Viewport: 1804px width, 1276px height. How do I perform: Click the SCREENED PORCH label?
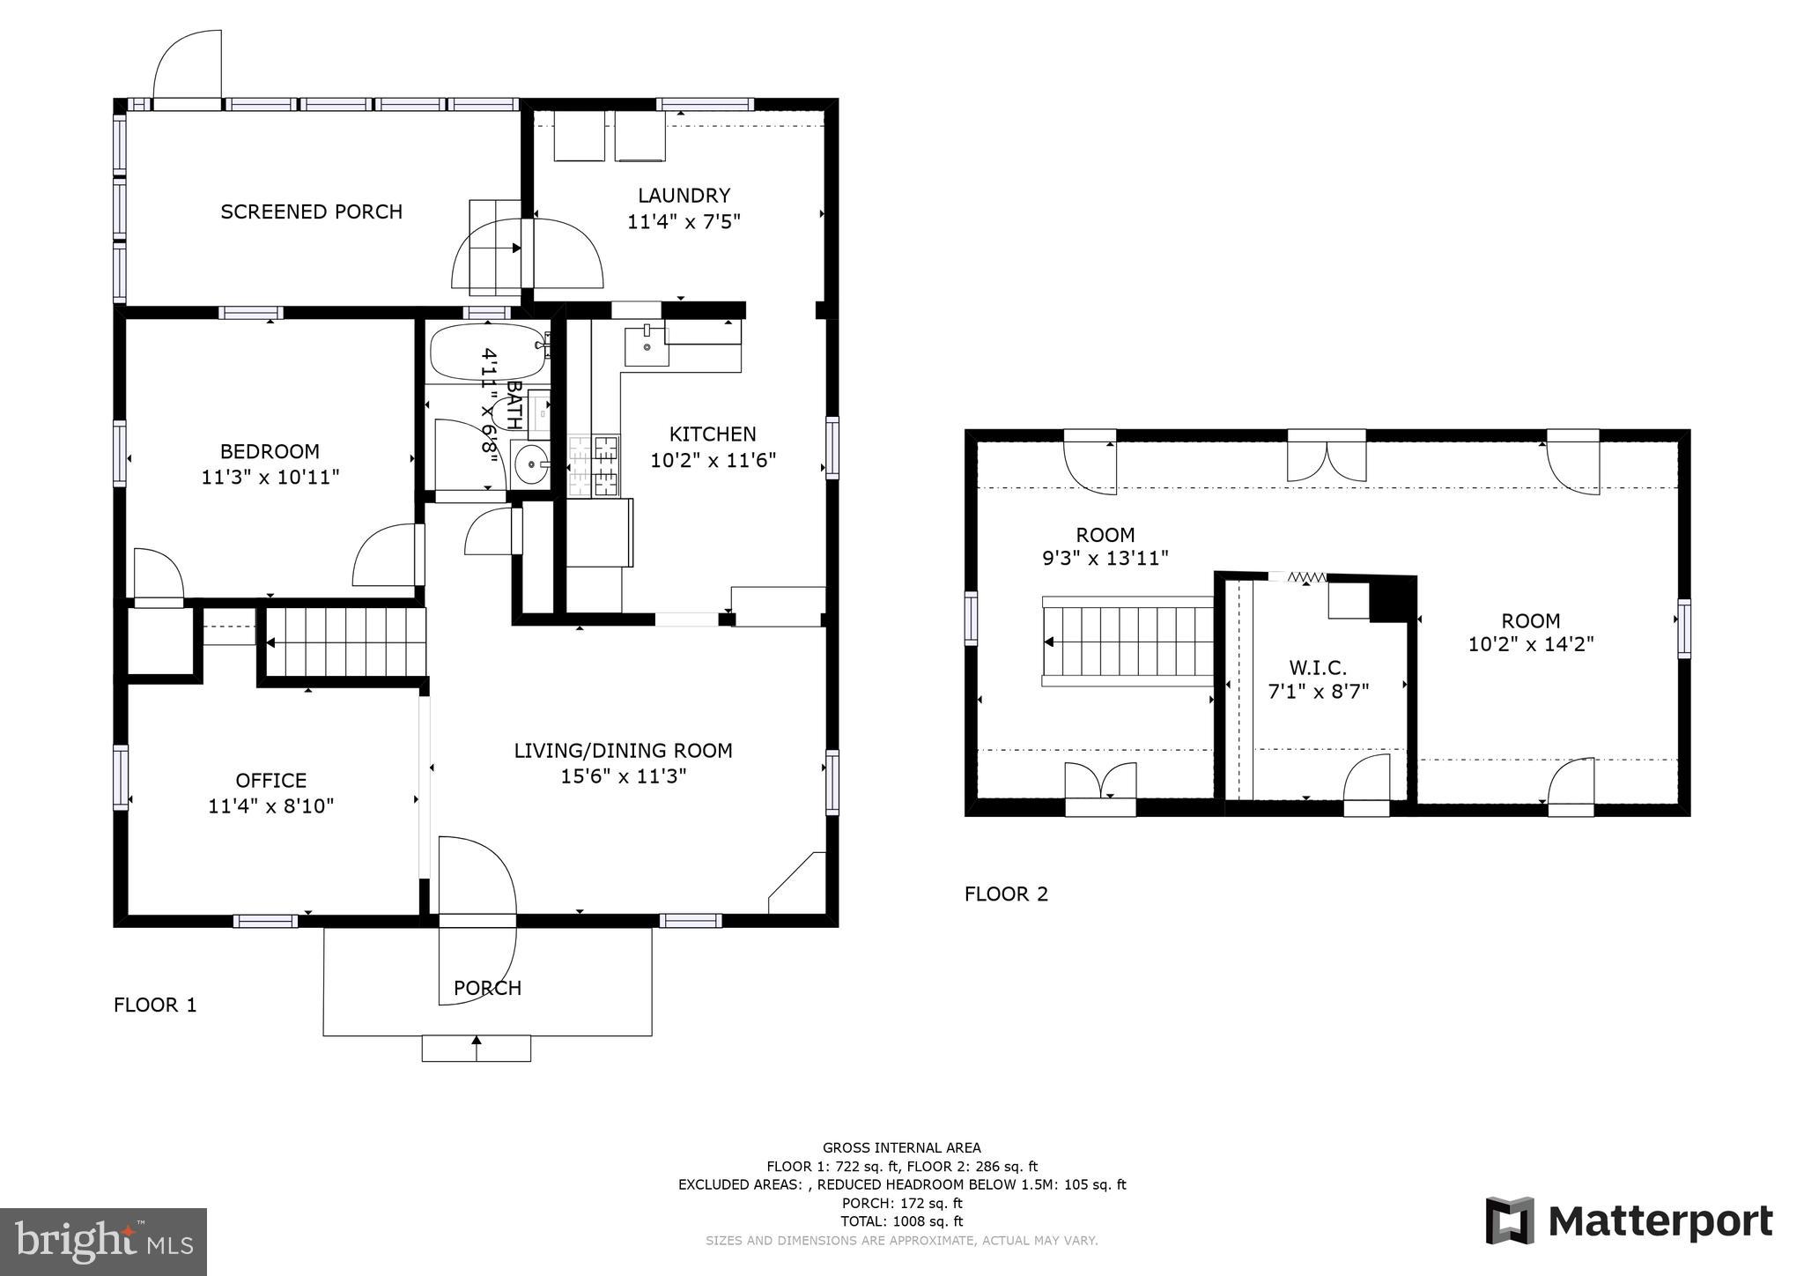point(311,211)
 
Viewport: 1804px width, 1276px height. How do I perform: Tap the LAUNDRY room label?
point(684,196)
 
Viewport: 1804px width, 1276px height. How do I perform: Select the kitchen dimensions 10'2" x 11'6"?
point(713,460)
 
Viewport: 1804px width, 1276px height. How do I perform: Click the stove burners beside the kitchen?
point(595,467)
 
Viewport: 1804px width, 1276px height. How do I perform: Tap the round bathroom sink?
point(531,464)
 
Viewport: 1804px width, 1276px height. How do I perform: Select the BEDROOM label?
point(270,451)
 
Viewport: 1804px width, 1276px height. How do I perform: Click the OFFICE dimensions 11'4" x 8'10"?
point(270,806)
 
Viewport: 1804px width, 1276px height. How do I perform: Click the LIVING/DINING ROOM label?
point(623,751)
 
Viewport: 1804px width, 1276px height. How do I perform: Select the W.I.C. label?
point(1318,668)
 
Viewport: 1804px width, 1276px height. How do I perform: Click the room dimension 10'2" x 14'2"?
point(1530,645)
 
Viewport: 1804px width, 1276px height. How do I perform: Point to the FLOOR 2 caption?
point(1006,894)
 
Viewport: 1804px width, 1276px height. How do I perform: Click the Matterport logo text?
point(1660,1221)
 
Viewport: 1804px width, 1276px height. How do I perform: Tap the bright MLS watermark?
point(103,1242)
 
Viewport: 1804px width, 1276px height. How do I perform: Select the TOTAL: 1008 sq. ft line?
point(901,1221)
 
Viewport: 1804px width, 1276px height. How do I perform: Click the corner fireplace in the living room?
point(798,884)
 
